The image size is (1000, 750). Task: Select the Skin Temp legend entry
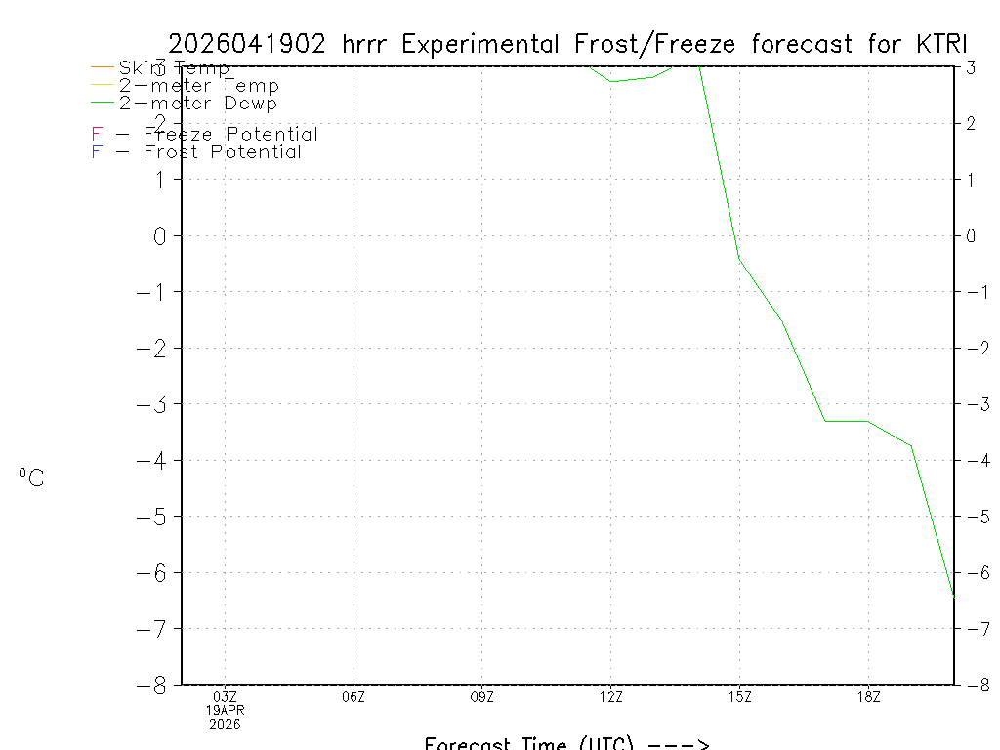point(174,67)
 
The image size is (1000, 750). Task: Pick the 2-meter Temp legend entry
point(198,85)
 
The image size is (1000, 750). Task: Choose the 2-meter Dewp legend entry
point(197,103)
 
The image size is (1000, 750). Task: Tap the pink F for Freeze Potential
point(97,134)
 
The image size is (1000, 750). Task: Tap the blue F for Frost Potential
point(97,151)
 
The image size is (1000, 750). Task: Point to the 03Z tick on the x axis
point(226,696)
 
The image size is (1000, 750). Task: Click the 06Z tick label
point(354,696)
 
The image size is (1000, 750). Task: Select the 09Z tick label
point(482,696)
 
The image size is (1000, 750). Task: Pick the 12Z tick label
point(611,696)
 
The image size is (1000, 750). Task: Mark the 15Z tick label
point(739,696)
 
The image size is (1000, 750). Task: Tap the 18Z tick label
point(868,696)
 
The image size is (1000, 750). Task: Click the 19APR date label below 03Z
point(226,710)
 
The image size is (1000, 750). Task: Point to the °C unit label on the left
point(31,478)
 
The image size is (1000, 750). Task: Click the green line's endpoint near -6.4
point(953,594)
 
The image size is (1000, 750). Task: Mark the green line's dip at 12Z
point(611,81)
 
